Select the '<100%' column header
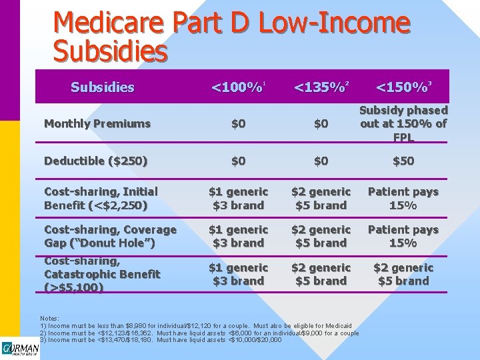pos(238,87)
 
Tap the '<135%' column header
pos(321,87)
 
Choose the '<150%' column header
pos(403,87)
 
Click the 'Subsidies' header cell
pos(102,87)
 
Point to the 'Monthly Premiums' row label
pos(97,123)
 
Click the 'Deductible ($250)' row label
pos(96,161)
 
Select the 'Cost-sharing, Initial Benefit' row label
pos(101,199)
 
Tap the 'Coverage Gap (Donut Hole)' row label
pos(110,236)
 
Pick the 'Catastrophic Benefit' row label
pos(102,274)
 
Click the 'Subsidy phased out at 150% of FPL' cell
pos(403,123)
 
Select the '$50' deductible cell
pos(403,161)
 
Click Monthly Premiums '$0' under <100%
pos(238,123)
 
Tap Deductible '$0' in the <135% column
pos(321,161)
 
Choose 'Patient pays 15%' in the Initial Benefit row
pos(403,199)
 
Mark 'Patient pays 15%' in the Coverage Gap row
pos(403,236)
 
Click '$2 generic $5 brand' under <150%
pos(403,274)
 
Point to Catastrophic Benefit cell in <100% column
pos(238,274)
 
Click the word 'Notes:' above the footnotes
pos(49,319)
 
